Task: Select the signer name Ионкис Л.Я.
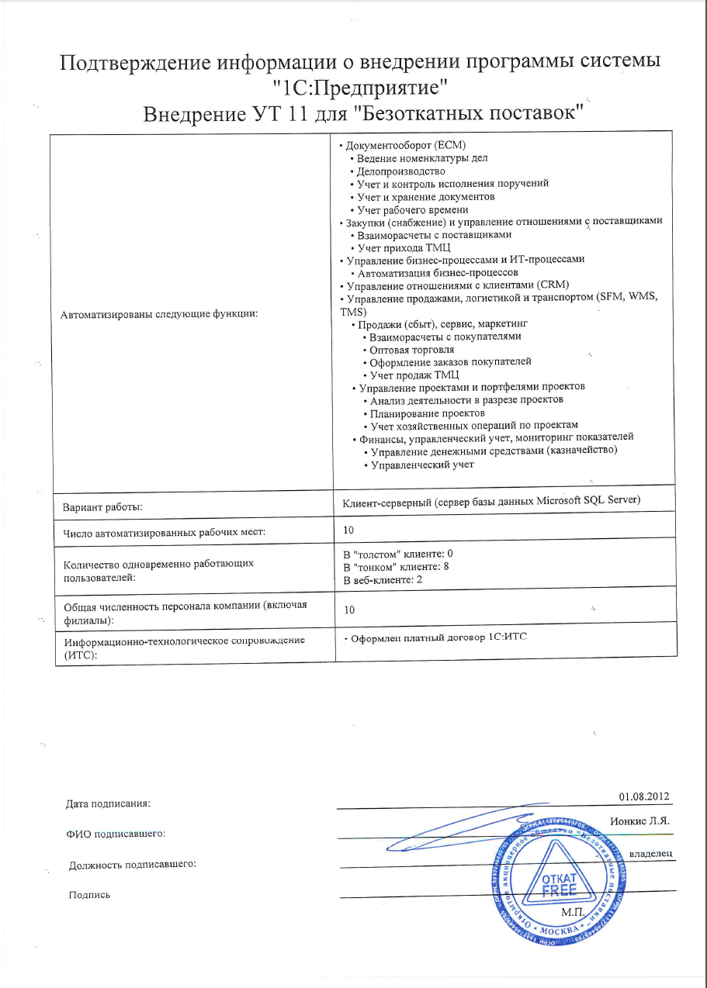639,820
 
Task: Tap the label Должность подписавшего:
131,865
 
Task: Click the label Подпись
89,895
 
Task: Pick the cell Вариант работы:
102,506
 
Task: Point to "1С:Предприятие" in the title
362,86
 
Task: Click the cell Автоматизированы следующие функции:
158,314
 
